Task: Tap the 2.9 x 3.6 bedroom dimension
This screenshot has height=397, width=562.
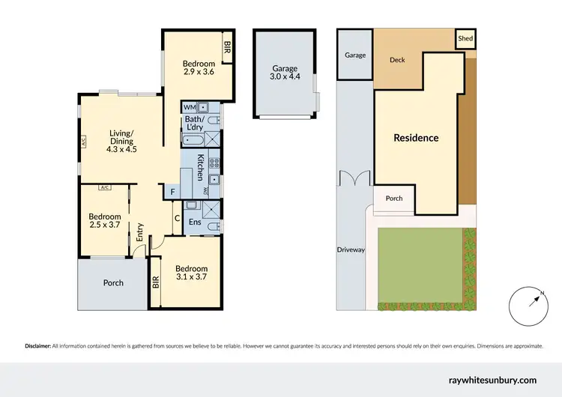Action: [199, 73]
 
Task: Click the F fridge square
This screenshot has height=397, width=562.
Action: [173, 193]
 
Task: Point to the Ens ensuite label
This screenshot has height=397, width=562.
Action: [195, 222]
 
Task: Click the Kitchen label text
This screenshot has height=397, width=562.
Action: [201, 167]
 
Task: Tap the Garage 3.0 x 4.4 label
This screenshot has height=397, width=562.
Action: [284, 71]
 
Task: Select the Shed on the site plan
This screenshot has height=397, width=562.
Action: [465, 38]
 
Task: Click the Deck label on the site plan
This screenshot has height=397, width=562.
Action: [397, 60]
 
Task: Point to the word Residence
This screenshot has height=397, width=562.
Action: [417, 138]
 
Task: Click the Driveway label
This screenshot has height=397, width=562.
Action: [350, 249]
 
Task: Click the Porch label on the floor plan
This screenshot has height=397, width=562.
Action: [112, 283]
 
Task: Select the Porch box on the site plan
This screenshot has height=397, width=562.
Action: [394, 198]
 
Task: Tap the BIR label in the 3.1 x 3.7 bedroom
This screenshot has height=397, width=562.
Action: [156, 282]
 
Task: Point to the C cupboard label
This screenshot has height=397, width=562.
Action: [177, 219]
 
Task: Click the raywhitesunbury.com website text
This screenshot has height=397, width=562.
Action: [492, 381]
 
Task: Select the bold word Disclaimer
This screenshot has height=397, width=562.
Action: [37, 346]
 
